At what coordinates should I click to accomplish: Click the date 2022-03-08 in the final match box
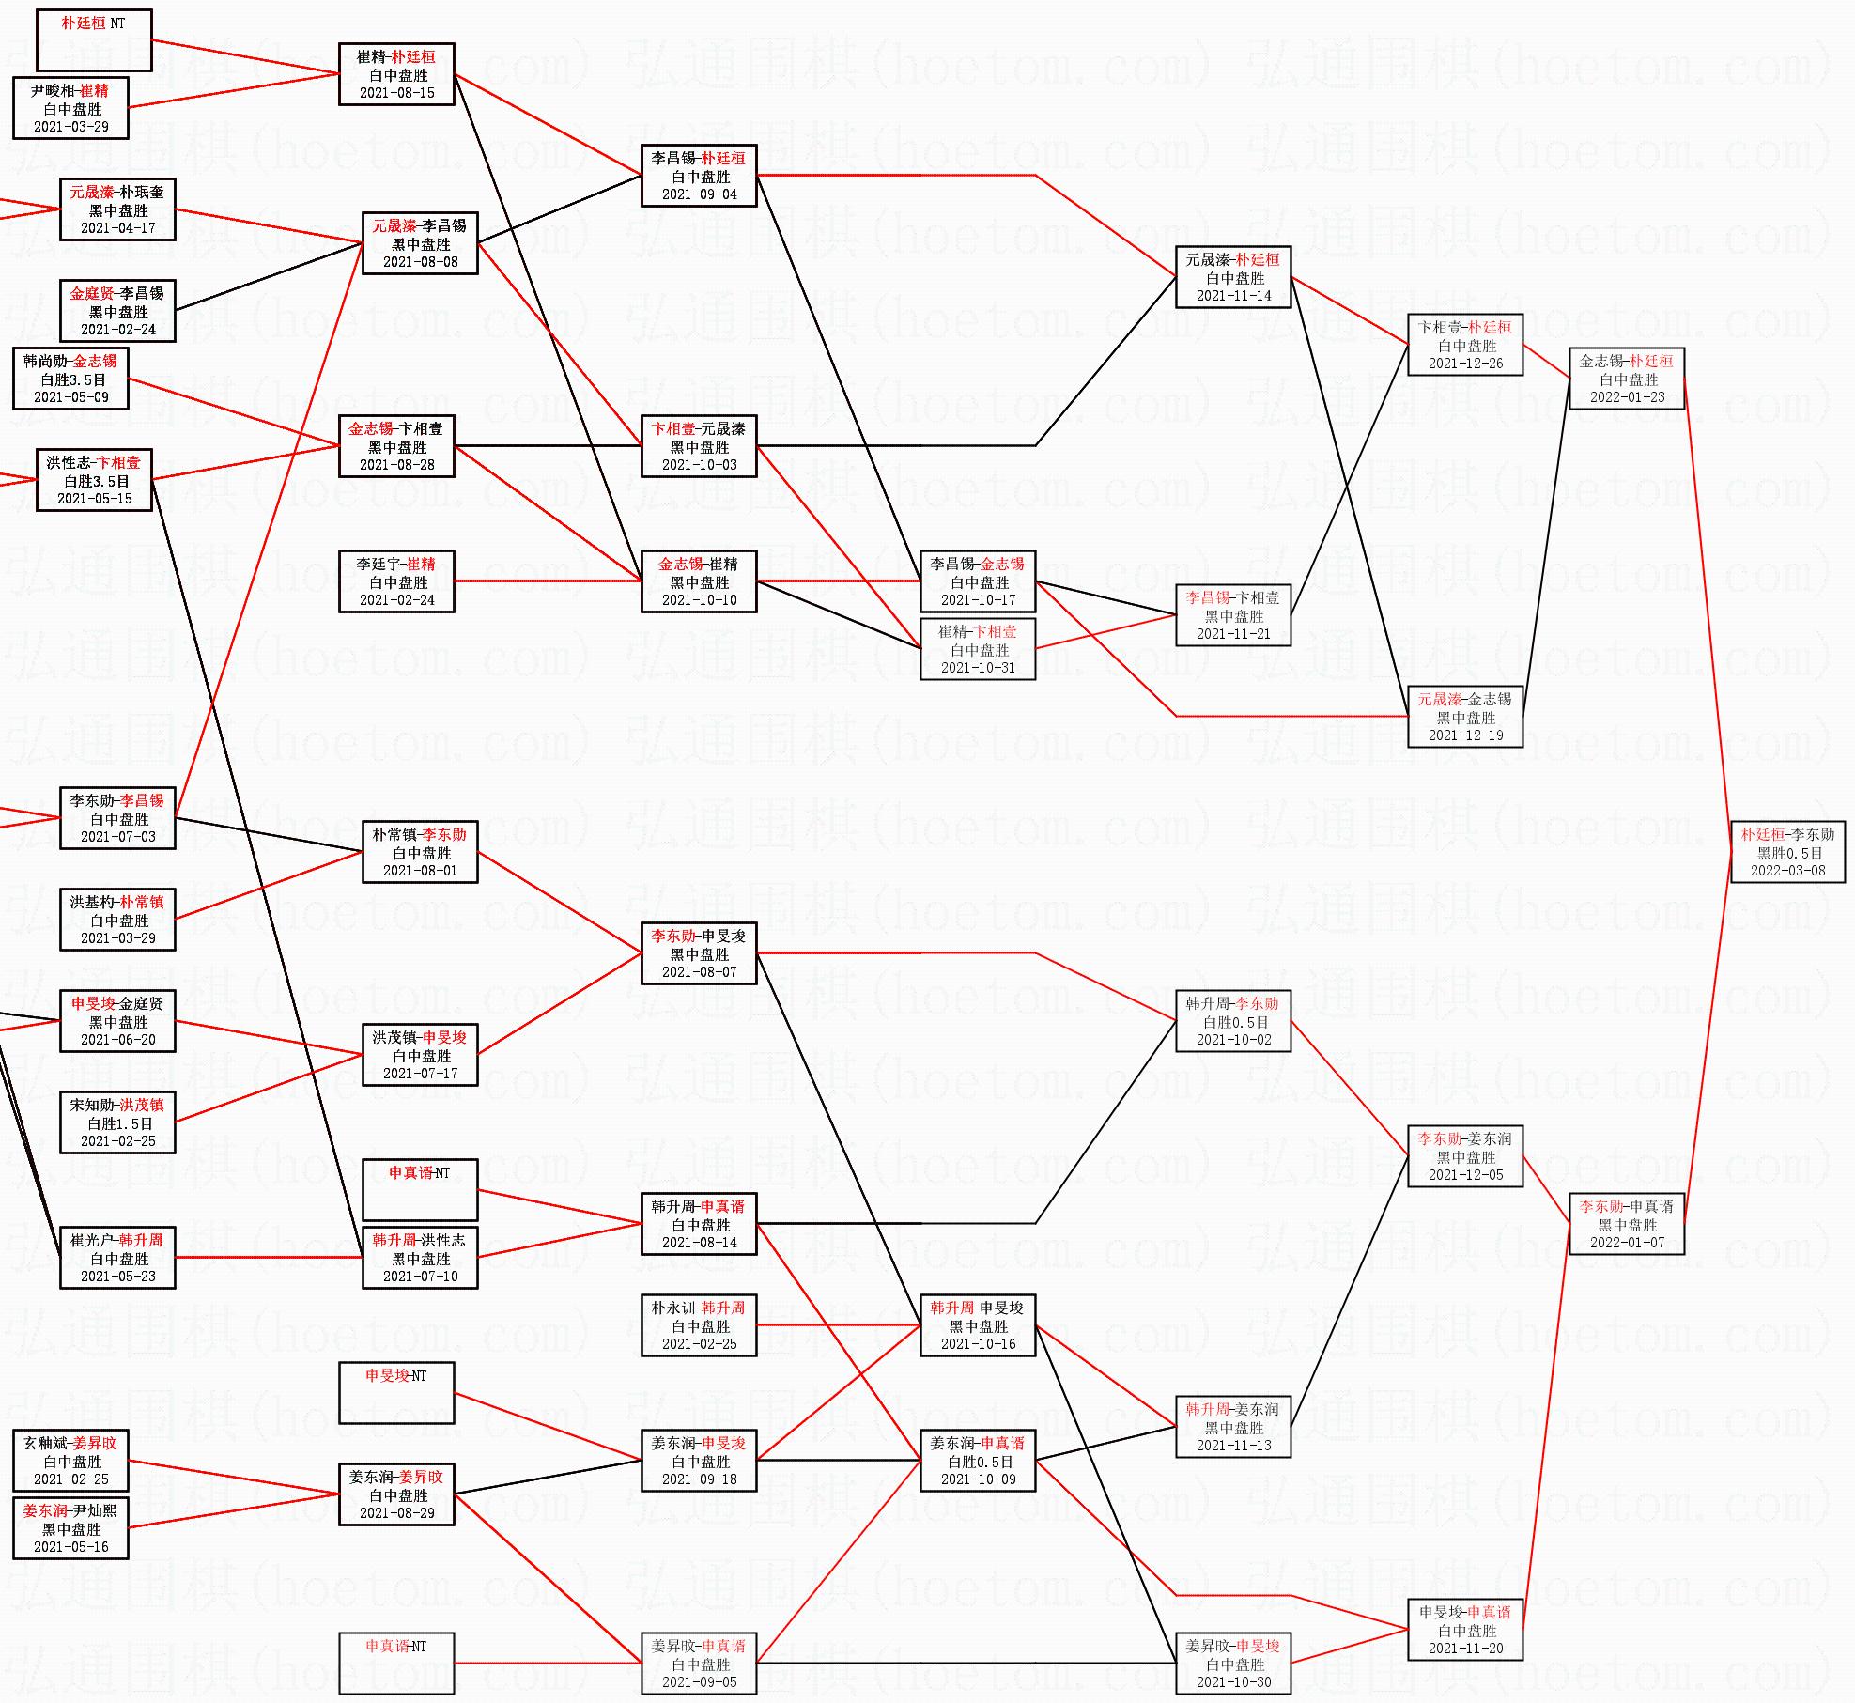1787,871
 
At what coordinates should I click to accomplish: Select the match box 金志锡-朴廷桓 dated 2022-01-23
1627,379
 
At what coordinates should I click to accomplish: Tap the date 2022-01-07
1627,1243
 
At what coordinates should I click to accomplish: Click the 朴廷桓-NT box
94,40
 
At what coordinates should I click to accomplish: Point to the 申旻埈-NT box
396,1393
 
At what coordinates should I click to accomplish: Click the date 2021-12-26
1465,364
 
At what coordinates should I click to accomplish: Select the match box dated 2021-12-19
1465,717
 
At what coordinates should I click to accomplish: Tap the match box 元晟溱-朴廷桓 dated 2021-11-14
1233,277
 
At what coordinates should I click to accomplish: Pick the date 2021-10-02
1233,1040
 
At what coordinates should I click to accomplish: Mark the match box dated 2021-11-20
1465,1630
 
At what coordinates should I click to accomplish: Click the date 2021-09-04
699,194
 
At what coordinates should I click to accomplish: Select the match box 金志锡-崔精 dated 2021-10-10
699,581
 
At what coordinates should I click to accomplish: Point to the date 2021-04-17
117,228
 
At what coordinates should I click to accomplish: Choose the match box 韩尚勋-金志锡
70,379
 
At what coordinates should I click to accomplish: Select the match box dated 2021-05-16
70,1528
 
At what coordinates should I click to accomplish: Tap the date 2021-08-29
396,1513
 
